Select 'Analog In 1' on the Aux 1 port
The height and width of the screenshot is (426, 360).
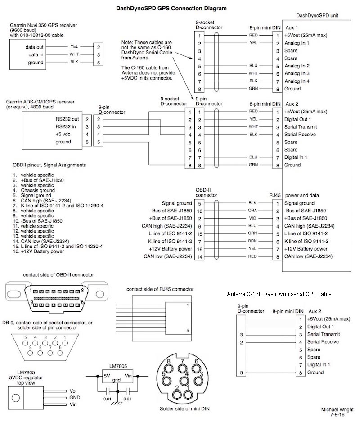pyautogui.click(x=300, y=43)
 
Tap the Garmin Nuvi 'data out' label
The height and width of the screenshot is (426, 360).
pyautogui.click(x=33, y=46)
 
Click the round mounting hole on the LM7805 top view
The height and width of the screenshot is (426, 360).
pyautogui.click(x=16, y=398)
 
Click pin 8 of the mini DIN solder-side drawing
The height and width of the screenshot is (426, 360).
pyautogui.click(x=169, y=361)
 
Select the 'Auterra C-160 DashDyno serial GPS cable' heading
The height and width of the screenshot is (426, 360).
pyautogui.click(x=279, y=293)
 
